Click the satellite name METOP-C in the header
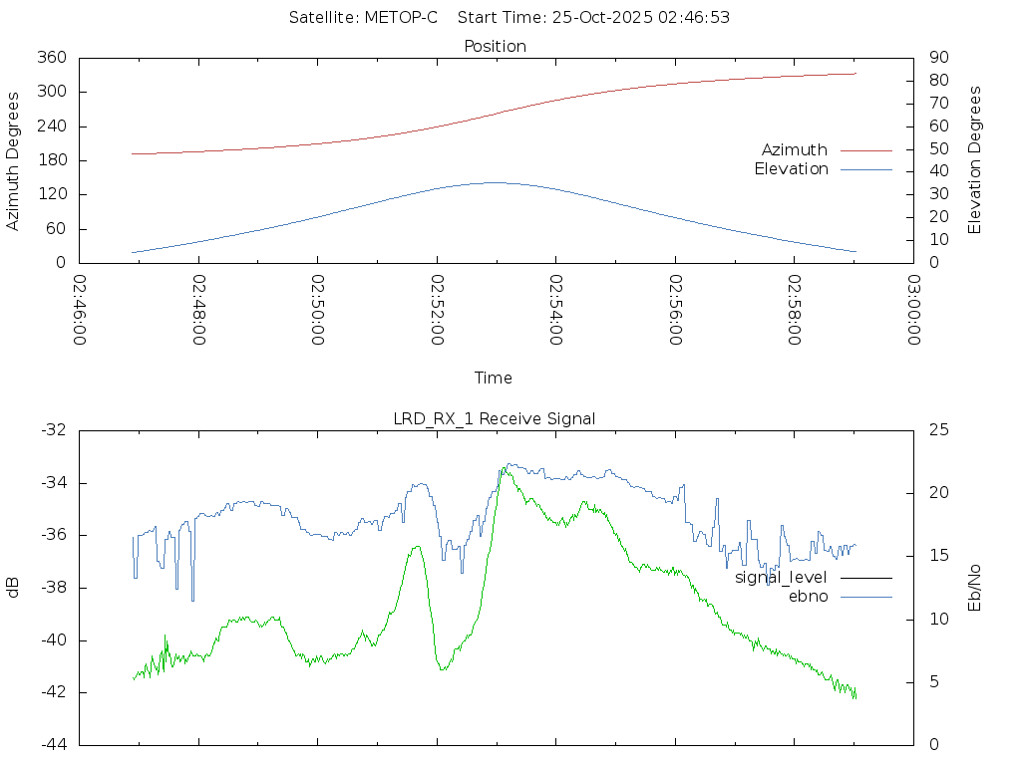397,18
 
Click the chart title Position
496,46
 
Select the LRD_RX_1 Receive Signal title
495,418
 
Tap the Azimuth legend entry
795,149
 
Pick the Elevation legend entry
791,169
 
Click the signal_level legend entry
781,577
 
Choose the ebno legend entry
808,596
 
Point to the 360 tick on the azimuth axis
51,58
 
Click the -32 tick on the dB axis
53,430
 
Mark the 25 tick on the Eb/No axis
938,430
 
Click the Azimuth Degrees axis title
14,160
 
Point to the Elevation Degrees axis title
975,160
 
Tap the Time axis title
494,378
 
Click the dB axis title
14,588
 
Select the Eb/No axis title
975,588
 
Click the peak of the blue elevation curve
496,182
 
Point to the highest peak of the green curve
506,467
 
